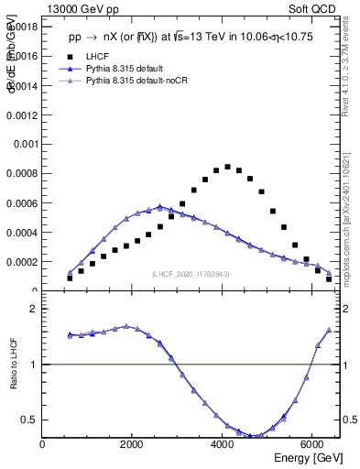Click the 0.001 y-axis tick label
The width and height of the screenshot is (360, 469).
pos(26,145)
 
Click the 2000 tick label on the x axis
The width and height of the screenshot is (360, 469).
pos(133,445)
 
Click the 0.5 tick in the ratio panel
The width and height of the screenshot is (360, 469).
pos(30,420)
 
